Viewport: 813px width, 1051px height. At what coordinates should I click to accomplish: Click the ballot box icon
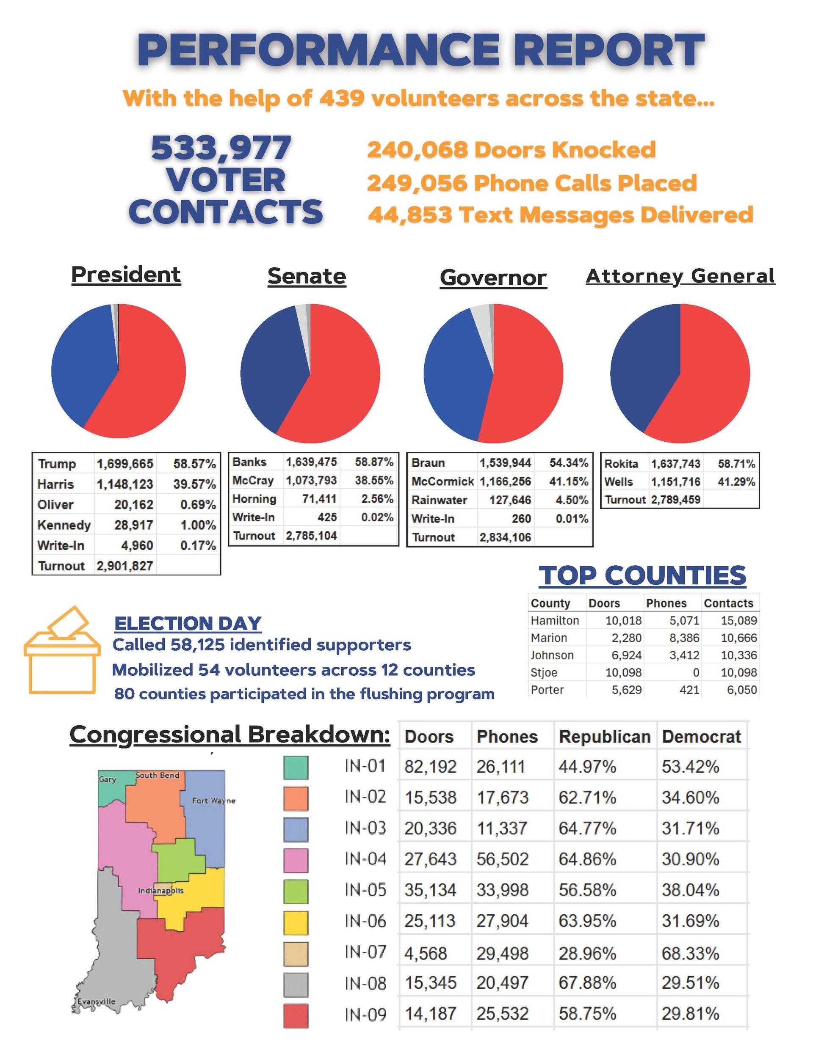[62, 649]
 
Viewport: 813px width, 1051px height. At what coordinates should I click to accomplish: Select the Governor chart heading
[493, 278]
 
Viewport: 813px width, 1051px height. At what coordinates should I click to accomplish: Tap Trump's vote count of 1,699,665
[125, 464]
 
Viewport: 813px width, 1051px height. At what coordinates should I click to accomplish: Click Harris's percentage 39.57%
[195, 484]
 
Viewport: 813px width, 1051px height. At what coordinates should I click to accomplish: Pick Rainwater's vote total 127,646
[510, 500]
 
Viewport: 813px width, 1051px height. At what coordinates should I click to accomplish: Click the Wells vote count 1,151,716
[676, 481]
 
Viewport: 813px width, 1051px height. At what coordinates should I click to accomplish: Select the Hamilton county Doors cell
[623, 620]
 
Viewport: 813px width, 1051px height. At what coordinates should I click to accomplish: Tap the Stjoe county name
[544, 672]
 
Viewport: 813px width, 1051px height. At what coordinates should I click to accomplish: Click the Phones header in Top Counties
[666, 603]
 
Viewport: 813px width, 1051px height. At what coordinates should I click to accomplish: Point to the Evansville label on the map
[96, 1001]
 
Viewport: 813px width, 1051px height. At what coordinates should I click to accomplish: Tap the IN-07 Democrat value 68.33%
[690, 953]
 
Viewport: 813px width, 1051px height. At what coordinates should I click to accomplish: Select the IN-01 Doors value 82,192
[430, 767]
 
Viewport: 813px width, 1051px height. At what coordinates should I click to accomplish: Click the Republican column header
[604, 737]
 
